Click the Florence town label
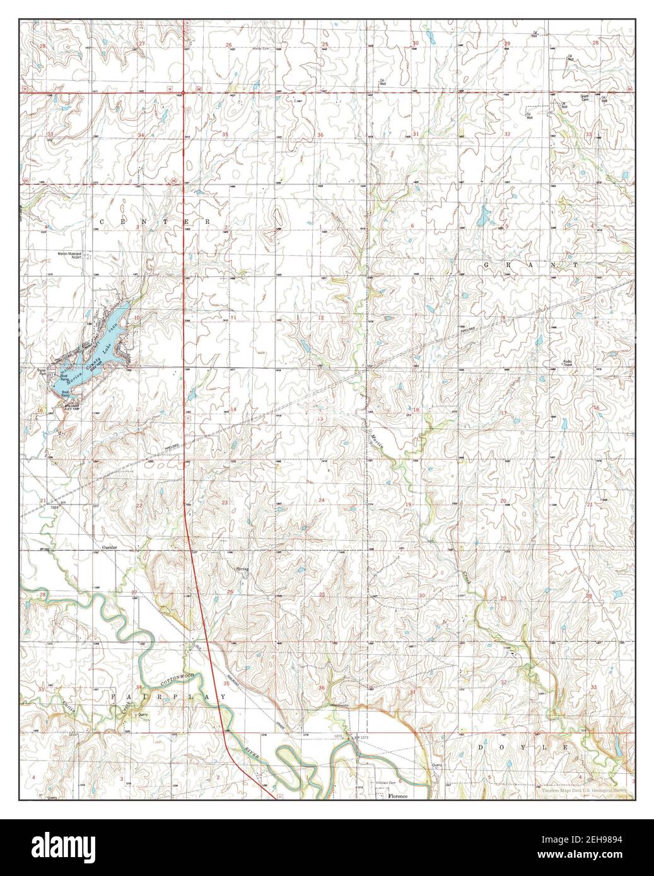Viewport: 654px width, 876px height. point(398,797)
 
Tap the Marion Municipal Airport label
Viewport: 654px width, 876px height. point(69,255)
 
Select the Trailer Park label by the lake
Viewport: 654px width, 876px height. point(42,373)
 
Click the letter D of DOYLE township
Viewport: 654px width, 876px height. point(481,747)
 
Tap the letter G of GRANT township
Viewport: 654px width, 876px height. point(487,266)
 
